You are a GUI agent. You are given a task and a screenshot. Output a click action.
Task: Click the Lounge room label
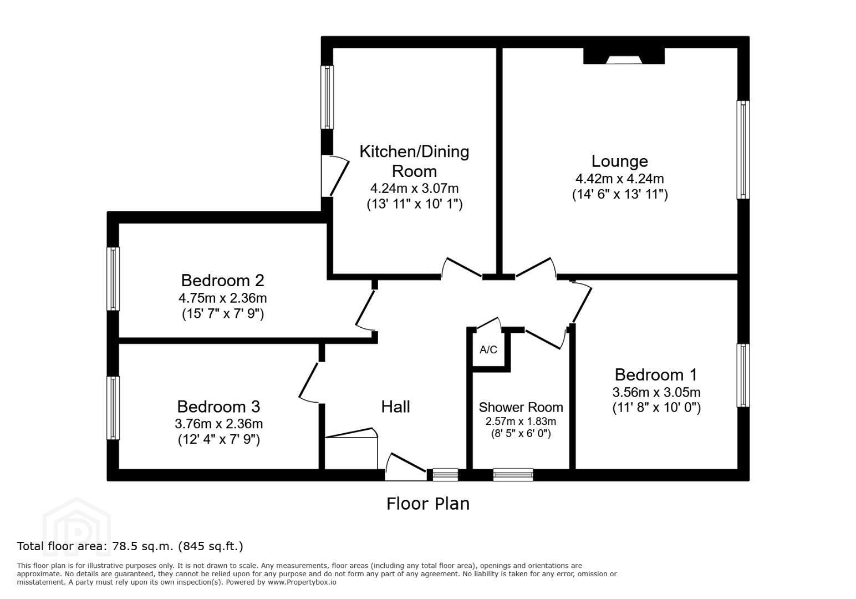click(619, 161)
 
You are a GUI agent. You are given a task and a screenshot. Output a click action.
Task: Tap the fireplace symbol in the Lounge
click(624, 56)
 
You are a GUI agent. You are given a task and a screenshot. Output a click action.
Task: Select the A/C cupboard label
click(488, 349)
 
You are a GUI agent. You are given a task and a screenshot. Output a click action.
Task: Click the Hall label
click(395, 407)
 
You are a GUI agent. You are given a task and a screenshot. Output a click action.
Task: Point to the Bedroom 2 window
click(113, 278)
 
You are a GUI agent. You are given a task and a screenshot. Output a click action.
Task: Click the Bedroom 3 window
click(113, 408)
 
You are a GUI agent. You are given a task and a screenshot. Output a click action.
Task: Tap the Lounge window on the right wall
click(743, 149)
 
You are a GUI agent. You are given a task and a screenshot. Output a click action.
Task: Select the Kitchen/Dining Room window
click(327, 97)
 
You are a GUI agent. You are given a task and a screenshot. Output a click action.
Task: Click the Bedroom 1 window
click(743, 375)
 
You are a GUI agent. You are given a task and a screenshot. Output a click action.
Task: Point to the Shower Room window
click(513, 474)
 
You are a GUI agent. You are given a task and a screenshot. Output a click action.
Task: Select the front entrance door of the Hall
click(406, 467)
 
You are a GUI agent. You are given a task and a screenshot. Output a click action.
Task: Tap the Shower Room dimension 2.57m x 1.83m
click(521, 422)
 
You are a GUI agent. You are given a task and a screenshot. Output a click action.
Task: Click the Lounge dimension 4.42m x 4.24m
click(619, 179)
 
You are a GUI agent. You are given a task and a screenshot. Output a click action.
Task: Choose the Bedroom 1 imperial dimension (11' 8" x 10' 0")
click(656, 408)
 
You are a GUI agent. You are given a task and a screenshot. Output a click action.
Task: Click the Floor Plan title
click(428, 504)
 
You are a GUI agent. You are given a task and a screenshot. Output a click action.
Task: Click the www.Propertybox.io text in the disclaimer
click(302, 582)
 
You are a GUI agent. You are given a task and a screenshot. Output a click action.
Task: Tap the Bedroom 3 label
click(218, 407)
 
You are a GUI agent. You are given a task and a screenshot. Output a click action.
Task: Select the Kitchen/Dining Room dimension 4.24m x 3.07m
click(414, 189)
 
